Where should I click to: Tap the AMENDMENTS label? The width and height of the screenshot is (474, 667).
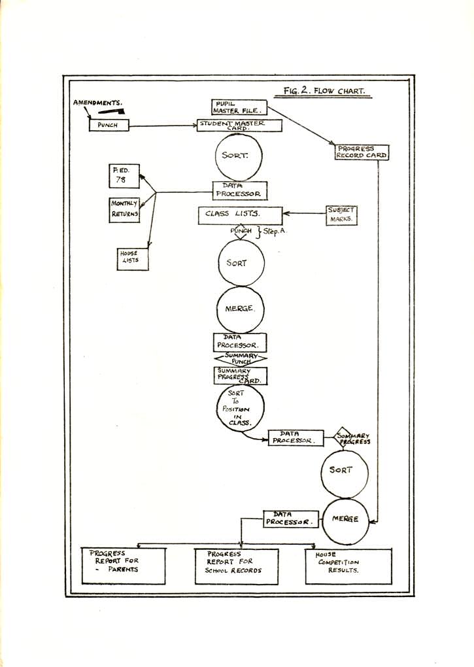(98, 103)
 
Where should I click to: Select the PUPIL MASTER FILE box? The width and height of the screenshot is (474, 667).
(239, 107)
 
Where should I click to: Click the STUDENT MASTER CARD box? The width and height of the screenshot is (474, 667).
(239, 125)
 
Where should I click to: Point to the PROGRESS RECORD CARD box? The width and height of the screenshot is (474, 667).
(362, 152)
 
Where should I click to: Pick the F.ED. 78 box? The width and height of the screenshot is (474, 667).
(124, 176)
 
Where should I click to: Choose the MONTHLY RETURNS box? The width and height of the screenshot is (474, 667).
(125, 210)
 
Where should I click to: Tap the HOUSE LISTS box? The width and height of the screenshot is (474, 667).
(132, 258)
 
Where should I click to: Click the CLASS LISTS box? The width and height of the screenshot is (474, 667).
(240, 215)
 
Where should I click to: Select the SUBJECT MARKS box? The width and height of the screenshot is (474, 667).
(341, 215)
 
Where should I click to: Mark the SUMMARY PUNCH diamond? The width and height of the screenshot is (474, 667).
(240, 358)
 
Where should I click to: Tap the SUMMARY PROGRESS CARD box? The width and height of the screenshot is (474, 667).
(240, 375)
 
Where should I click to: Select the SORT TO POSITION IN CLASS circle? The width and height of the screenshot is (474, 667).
(240, 409)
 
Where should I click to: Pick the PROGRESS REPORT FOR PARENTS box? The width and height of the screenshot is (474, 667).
(124, 565)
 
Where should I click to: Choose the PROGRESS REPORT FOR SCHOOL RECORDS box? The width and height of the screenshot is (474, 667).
(237, 566)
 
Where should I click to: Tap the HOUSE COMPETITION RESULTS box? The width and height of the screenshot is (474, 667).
(348, 566)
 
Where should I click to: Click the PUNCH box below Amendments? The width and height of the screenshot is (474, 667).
(109, 125)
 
